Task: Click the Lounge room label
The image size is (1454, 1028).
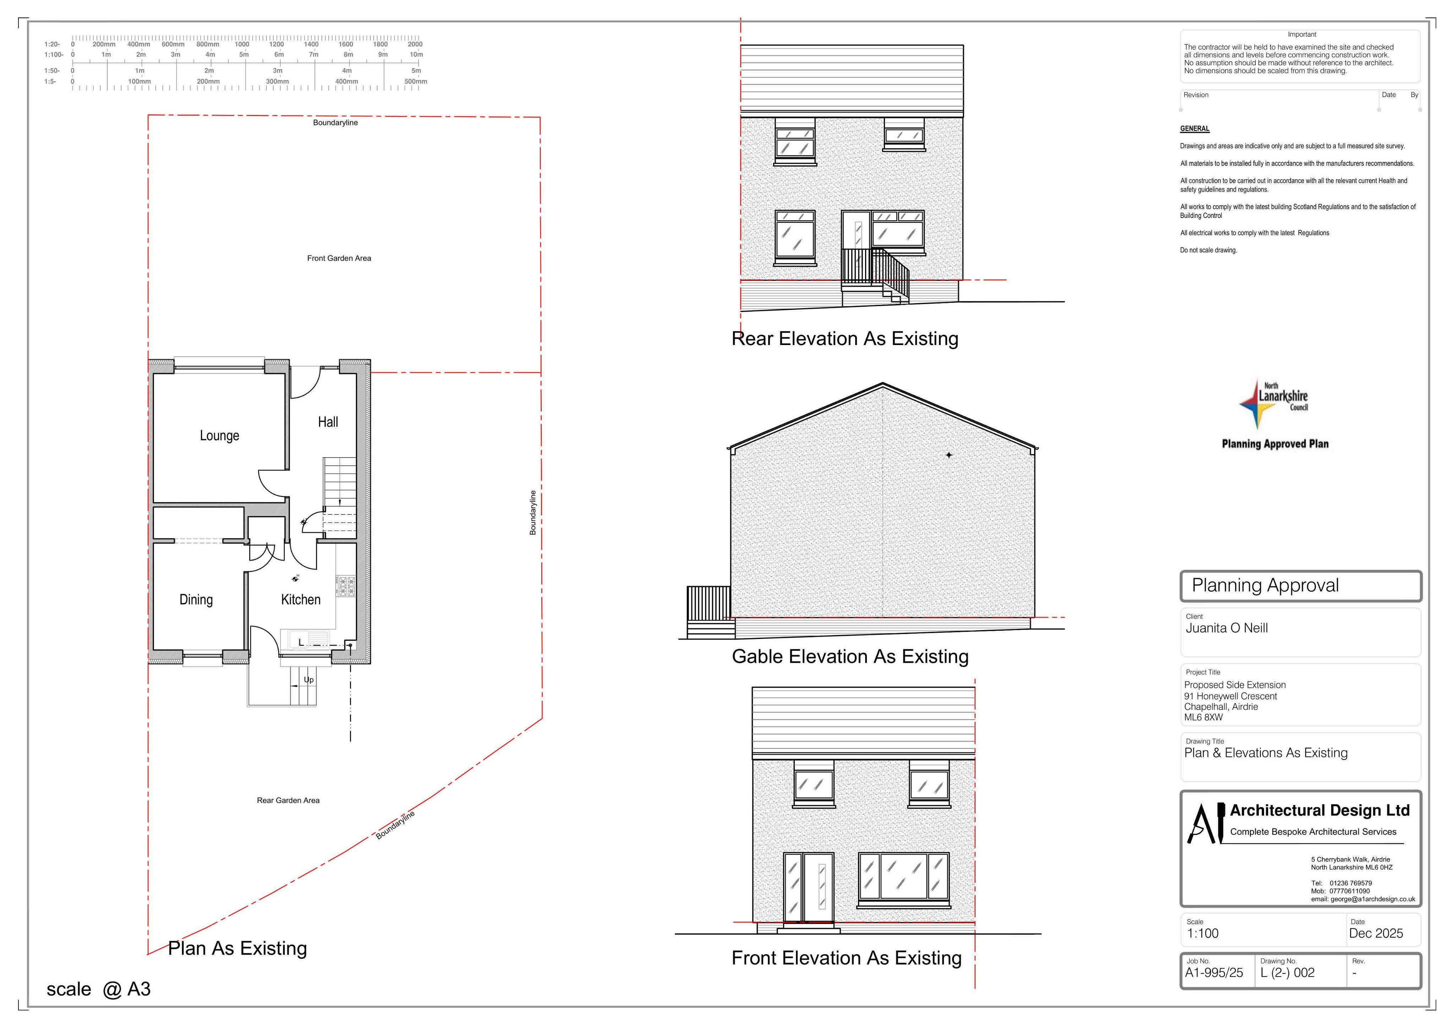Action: coord(219,436)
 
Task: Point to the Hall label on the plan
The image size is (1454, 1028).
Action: coord(328,422)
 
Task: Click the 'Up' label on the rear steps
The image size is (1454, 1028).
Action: coord(308,680)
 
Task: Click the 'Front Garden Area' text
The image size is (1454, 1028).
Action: coord(339,258)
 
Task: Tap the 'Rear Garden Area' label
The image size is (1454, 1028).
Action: coord(288,800)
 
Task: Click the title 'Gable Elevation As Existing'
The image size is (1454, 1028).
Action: coord(850,657)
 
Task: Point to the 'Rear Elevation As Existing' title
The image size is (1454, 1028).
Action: coord(845,339)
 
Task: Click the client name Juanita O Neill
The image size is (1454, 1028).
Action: coord(1227,628)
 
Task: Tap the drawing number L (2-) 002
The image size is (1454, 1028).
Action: coord(1288,973)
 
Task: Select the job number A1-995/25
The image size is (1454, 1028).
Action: coord(1214,973)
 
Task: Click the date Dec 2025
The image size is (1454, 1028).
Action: coord(1376,934)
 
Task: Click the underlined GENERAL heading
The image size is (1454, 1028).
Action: coord(1195,128)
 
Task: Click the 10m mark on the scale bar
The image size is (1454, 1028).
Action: coord(416,54)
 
